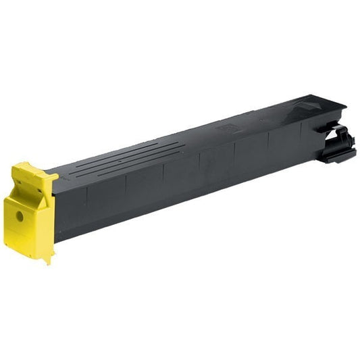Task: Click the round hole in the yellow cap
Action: click(19, 217)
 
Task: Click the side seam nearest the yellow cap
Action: click(88, 203)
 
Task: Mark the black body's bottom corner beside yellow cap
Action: click(57, 240)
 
